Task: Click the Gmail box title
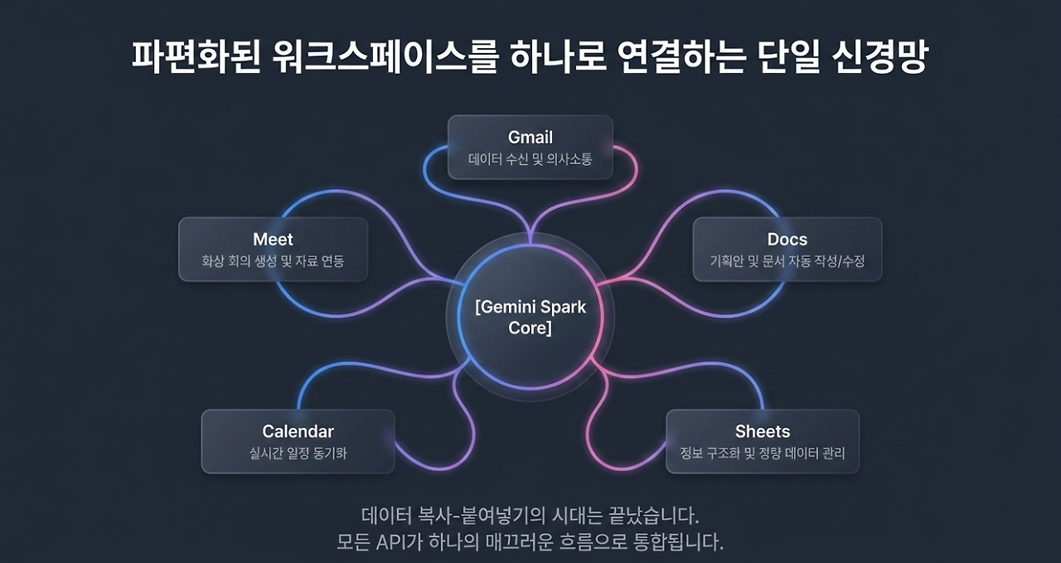click(x=530, y=138)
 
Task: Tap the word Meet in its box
click(x=273, y=240)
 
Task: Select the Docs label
click(x=787, y=240)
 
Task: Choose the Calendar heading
click(x=298, y=431)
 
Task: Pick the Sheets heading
click(x=763, y=431)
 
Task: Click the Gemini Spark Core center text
click(x=530, y=318)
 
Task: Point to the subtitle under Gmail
click(x=530, y=159)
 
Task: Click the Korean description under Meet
click(x=273, y=260)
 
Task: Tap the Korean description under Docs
click(x=787, y=260)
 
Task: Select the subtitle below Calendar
click(x=298, y=453)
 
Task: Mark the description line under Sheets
click(x=763, y=453)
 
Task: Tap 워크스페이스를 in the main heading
click(x=385, y=57)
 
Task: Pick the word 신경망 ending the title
click(x=880, y=57)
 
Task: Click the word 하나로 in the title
click(x=558, y=57)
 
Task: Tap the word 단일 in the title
click(x=788, y=57)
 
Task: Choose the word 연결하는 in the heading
click(x=682, y=57)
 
